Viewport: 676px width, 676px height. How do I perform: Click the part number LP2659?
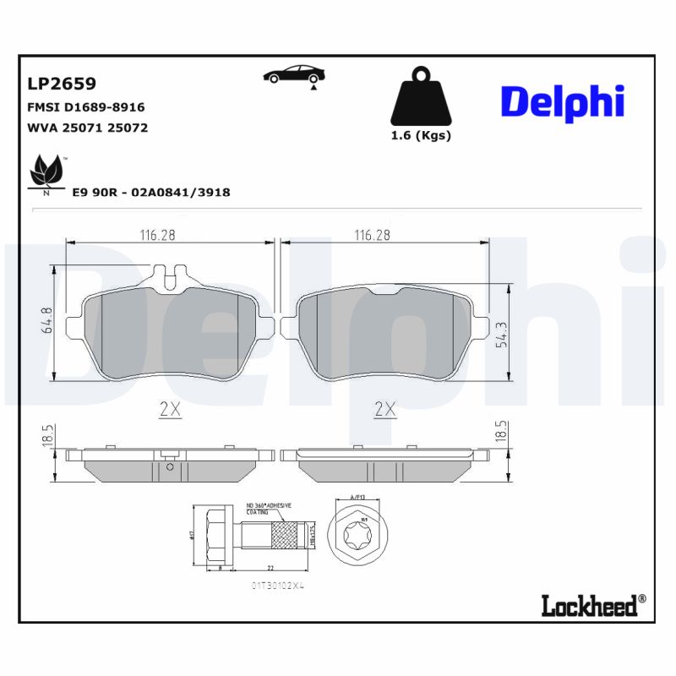(62, 84)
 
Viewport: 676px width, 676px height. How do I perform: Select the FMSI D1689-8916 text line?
(86, 107)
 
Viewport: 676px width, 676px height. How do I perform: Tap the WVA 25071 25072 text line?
(88, 128)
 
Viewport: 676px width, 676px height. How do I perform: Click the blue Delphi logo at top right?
(563, 101)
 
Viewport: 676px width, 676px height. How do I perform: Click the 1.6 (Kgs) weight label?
(420, 135)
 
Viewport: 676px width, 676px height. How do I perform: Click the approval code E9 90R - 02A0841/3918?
(150, 193)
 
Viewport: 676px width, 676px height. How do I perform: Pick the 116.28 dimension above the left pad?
(157, 235)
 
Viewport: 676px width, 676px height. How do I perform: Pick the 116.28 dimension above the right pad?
(372, 235)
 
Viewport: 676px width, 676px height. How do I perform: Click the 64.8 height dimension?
(47, 322)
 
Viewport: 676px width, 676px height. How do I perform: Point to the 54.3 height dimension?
(501, 334)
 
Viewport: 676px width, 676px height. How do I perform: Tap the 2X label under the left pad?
(170, 410)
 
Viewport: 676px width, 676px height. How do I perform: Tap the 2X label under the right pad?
(385, 410)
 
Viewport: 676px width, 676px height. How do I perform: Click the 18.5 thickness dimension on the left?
(47, 436)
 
